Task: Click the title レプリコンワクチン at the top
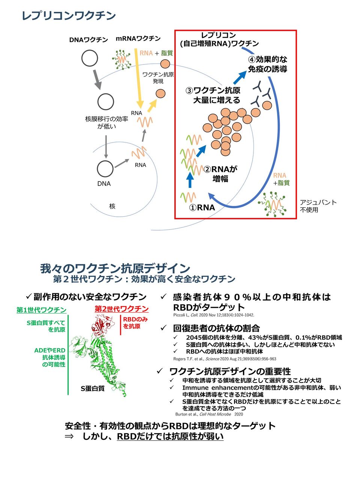69,16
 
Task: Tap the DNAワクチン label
88,39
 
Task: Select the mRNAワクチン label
138,38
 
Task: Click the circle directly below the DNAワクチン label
90,58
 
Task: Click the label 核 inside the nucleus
112,206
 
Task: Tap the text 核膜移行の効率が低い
106,123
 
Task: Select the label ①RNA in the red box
202,207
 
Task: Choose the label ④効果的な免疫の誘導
267,64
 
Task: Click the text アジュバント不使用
318,206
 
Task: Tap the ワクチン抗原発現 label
158,78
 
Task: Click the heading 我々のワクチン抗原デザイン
115,268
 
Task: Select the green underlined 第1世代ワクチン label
42,310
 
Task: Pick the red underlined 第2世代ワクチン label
121,309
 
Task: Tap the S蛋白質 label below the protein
92,388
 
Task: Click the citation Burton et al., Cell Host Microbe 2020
209,414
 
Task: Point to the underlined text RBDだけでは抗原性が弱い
170,436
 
